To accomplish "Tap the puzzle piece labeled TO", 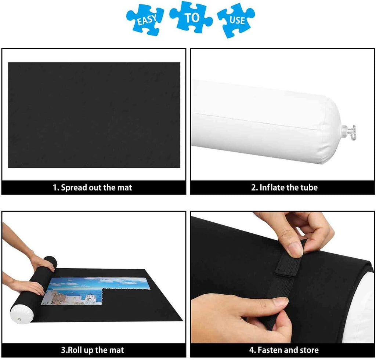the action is tap(191, 17).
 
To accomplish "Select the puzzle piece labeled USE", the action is tap(236, 21).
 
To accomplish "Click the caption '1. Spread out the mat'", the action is tap(92, 188).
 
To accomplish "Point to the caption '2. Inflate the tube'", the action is tap(285, 188).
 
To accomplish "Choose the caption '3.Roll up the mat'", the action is tap(93, 350).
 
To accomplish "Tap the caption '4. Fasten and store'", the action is tap(284, 350).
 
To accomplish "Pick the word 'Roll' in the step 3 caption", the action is tap(75, 350).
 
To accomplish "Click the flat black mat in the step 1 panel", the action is tap(94, 115).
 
